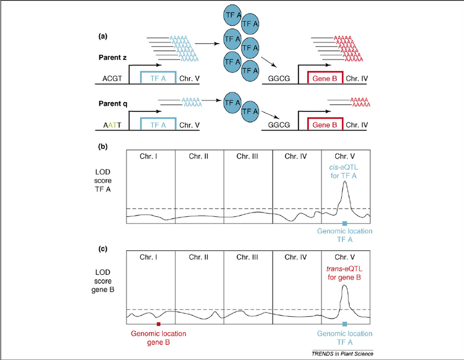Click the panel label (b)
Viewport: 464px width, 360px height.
pyautogui.click(x=103, y=146)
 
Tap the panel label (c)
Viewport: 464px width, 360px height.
pyautogui.click(x=103, y=249)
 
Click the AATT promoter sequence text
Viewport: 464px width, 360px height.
pyautogui.click(x=112, y=125)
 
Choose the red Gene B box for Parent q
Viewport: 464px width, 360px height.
pyautogui.click(x=325, y=125)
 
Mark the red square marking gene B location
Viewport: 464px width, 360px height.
pyautogui.click(x=158, y=324)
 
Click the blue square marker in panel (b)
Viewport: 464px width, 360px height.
pyautogui.click(x=344, y=224)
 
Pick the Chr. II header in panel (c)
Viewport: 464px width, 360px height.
pyautogui.click(x=199, y=257)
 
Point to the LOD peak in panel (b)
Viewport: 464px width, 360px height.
pyautogui.click(x=344, y=184)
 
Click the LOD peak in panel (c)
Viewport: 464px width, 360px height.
pyautogui.click(x=344, y=286)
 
